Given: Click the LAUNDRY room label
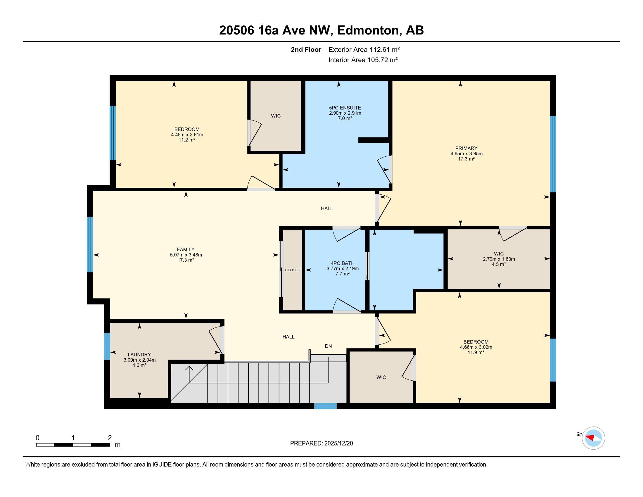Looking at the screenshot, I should (x=139, y=355).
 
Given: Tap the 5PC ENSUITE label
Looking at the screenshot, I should (x=345, y=108).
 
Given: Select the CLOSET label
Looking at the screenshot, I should (x=292, y=270).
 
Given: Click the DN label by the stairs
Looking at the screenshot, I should (x=328, y=346).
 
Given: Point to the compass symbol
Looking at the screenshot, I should (x=593, y=438).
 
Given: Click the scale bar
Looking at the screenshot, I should (x=73, y=445).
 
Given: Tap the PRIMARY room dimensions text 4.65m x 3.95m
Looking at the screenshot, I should (x=466, y=153).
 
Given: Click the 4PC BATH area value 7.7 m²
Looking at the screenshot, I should (x=343, y=274).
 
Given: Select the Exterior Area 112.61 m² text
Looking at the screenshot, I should (x=364, y=49).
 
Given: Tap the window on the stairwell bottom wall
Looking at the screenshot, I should (x=325, y=406).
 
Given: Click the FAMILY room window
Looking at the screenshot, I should (x=90, y=244).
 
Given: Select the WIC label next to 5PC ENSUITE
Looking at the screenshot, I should (x=276, y=116).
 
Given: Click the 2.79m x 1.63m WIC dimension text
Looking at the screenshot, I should (x=499, y=259).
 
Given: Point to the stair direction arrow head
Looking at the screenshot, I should (x=189, y=368).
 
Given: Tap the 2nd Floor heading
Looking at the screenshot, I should (x=306, y=49).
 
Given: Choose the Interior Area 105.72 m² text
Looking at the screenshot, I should (x=363, y=60).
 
